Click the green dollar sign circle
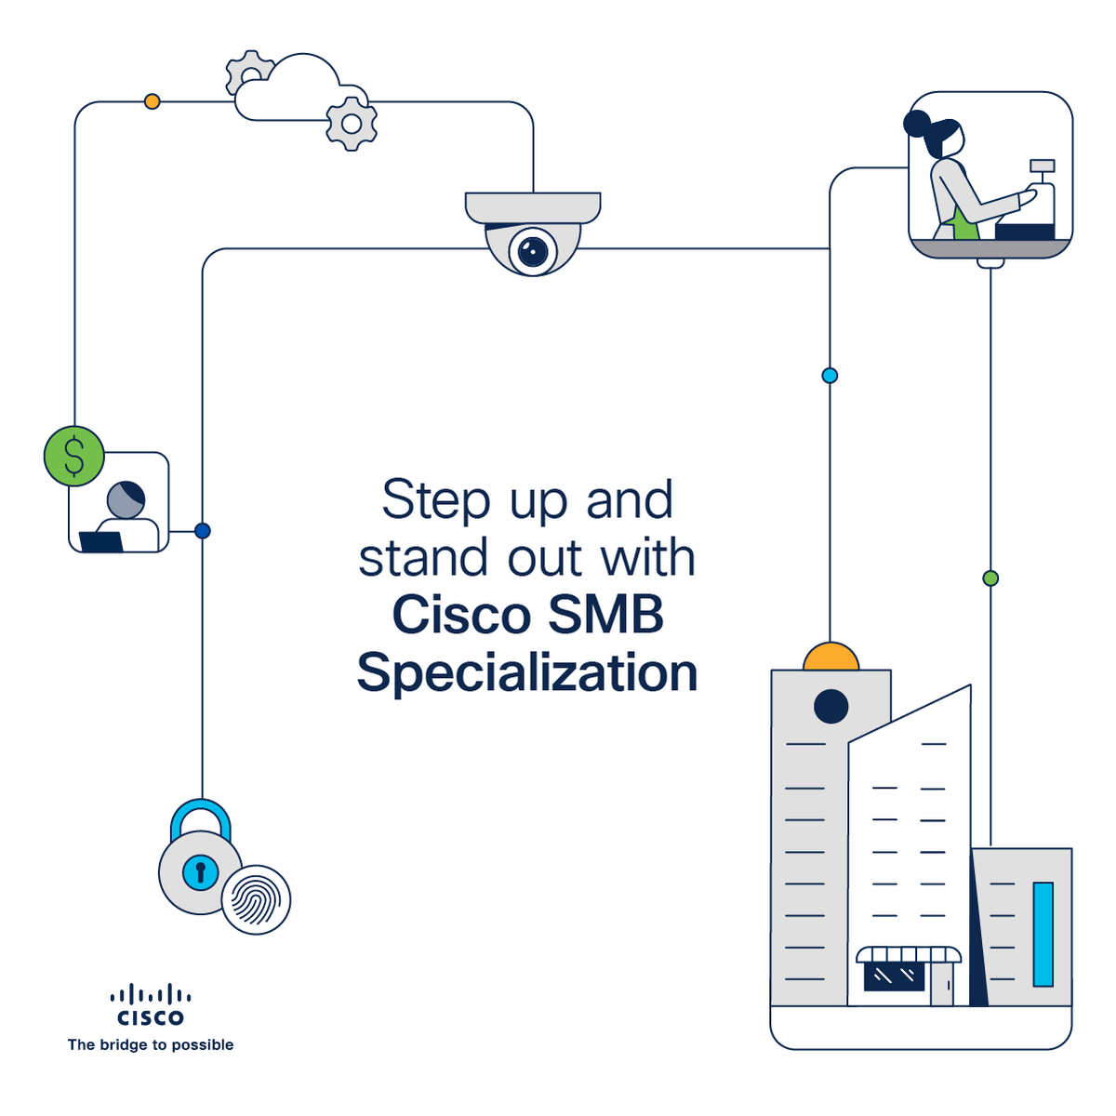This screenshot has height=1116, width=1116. [73, 456]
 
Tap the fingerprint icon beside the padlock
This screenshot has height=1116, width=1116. [256, 899]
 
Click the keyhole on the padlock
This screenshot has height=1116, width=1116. [200, 872]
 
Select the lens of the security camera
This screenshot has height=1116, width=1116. [532, 250]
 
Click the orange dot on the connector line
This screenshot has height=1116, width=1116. [153, 101]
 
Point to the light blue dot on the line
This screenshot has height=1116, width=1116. [830, 376]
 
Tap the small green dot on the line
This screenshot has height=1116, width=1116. [990, 578]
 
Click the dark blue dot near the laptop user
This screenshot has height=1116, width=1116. [203, 531]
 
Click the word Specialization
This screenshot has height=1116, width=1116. [527, 672]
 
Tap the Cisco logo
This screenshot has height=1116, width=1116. [151, 1005]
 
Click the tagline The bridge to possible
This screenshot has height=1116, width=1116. [151, 1044]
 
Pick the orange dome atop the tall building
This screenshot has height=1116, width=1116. [830, 658]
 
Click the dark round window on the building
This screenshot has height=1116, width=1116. [830, 707]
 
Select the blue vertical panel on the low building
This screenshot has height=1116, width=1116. [1043, 934]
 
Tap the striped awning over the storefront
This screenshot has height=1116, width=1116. [909, 955]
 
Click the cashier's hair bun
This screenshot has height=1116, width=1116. [917, 124]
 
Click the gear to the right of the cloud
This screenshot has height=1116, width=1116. [352, 124]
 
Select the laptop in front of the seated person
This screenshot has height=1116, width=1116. [101, 541]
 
